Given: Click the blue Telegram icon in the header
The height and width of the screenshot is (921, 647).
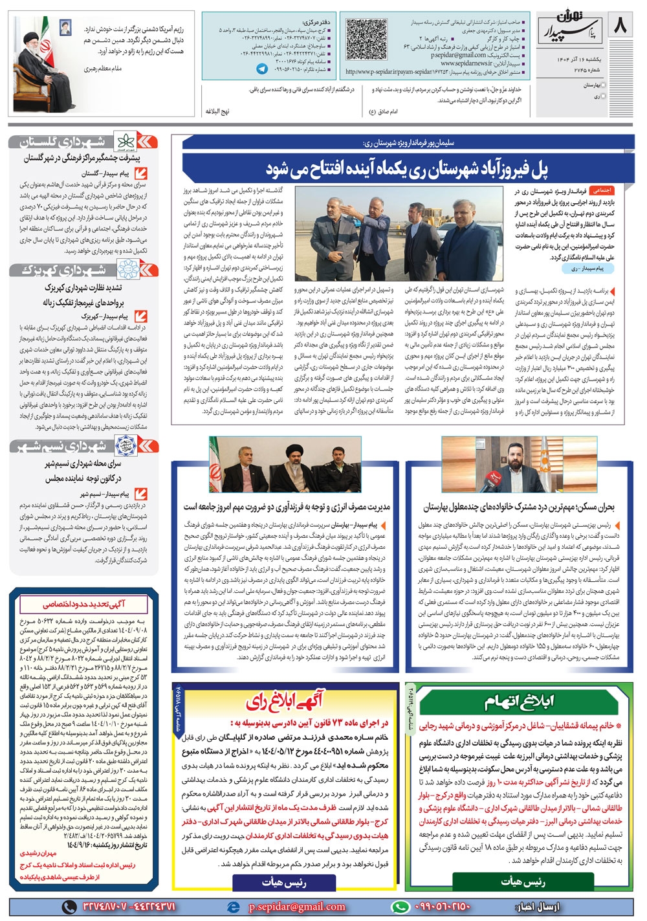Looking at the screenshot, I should (x=262, y=69).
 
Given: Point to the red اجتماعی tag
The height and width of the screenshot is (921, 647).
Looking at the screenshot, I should (x=602, y=191).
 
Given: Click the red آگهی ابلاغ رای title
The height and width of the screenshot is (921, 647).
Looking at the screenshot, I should (x=285, y=701).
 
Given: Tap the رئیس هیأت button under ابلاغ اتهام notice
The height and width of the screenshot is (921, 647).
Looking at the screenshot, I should (x=523, y=881).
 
